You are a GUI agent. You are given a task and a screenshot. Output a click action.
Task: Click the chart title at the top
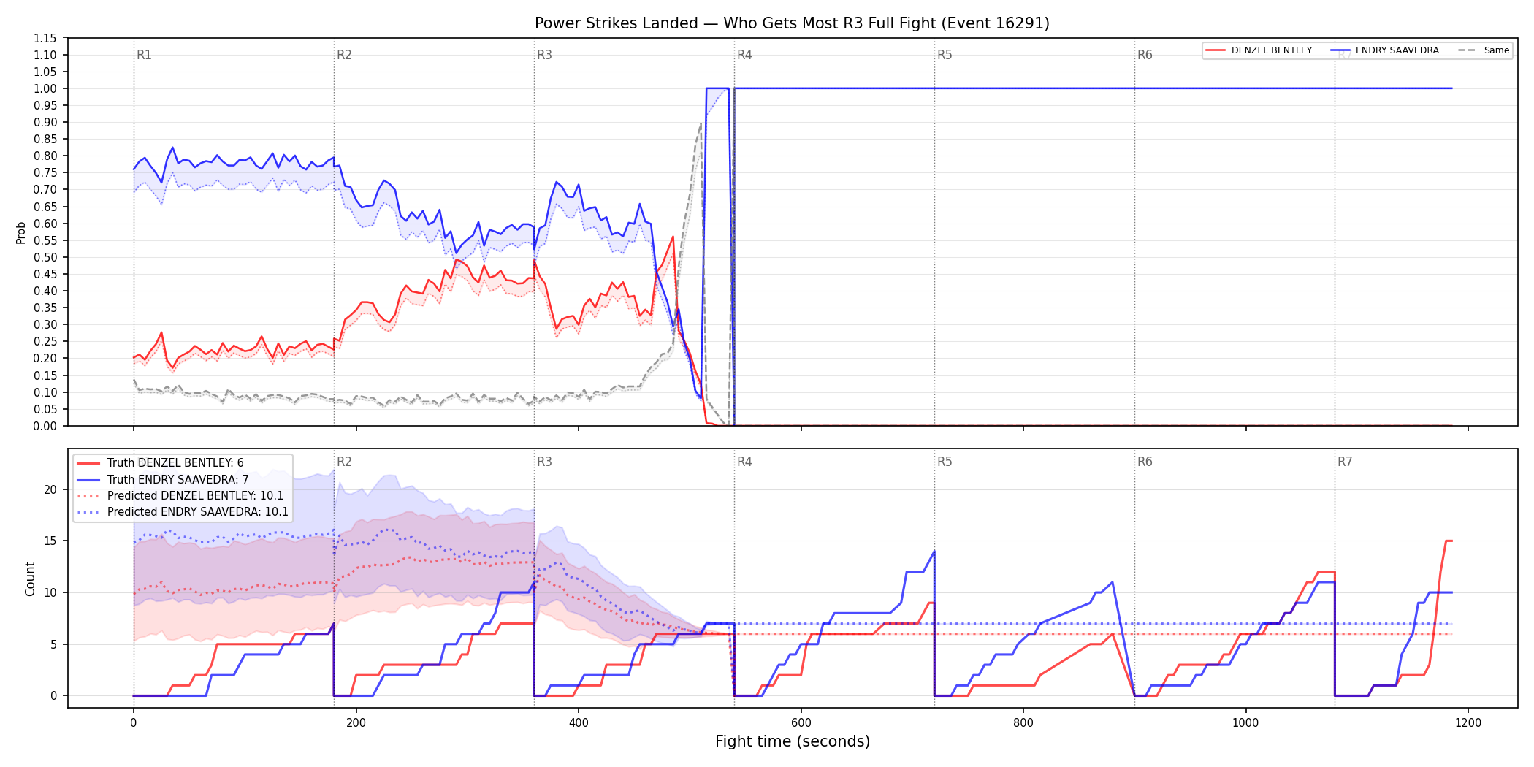click(792, 23)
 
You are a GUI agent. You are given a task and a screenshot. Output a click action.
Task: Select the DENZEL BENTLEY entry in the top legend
click(1271, 50)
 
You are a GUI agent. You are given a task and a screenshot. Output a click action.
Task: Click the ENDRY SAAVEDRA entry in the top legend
click(1397, 50)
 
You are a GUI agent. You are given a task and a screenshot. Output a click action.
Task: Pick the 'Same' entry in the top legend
click(1496, 50)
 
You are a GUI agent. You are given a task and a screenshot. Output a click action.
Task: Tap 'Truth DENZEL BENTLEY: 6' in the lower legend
click(175, 463)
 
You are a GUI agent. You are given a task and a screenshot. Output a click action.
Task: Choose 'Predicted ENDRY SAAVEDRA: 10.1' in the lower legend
click(197, 512)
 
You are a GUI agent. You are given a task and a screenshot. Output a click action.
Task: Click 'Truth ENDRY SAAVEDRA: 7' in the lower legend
click(178, 480)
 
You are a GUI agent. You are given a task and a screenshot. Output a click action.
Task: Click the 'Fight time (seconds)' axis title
click(793, 741)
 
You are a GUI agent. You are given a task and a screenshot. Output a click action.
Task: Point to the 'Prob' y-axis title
click(21, 232)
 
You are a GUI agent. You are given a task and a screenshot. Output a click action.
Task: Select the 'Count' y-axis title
click(30, 579)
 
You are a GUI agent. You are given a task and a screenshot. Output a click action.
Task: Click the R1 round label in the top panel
click(144, 55)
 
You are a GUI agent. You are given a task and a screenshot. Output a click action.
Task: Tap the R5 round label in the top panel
click(945, 55)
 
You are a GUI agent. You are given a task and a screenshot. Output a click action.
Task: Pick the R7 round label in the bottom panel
click(1345, 462)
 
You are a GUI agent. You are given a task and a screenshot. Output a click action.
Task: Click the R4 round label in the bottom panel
click(744, 462)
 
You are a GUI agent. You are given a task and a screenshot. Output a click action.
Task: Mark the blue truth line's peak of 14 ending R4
click(934, 552)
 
